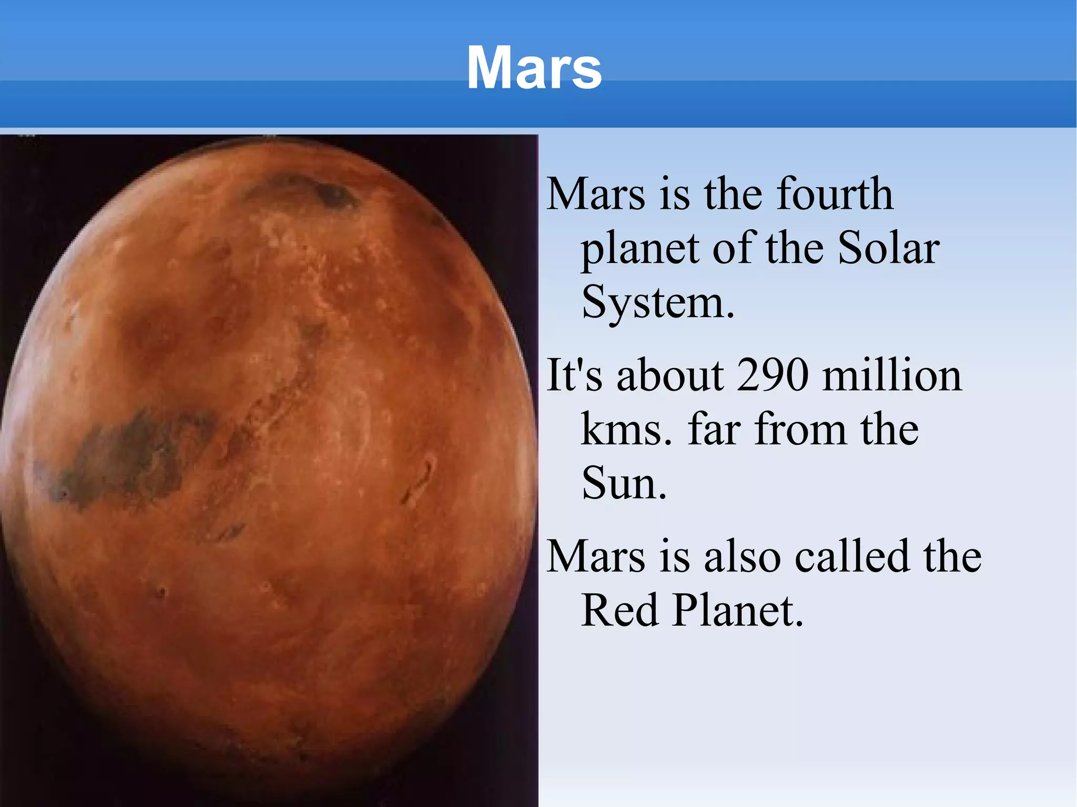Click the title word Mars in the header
(x=534, y=68)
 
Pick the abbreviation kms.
(x=626, y=430)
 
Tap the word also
(x=742, y=556)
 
